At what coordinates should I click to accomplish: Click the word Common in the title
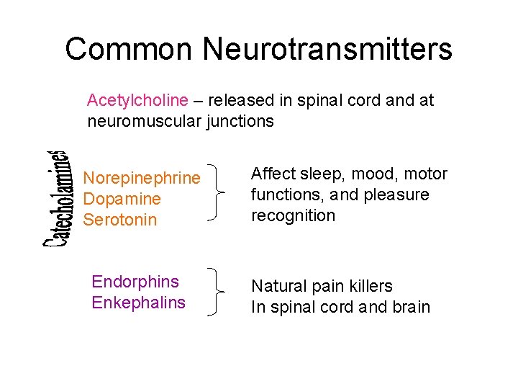pyautogui.click(x=128, y=50)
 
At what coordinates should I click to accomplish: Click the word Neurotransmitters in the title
pyautogui.click(x=327, y=50)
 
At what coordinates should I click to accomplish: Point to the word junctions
pyautogui.click(x=240, y=121)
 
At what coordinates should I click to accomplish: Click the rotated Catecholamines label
pyautogui.click(x=55, y=200)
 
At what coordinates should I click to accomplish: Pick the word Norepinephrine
pyautogui.click(x=142, y=178)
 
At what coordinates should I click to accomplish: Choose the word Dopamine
pyautogui.click(x=122, y=199)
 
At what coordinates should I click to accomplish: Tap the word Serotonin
pyautogui.click(x=119, y=220)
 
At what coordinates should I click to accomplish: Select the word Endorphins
pyautogui.click(x=135, y=282)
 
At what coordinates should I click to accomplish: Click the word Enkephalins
pyautogui.click(x=138, y=303)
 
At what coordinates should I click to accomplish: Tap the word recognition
pyautogui.click(x=293, y=216)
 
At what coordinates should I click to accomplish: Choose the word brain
pyautogui.click(x=409, y=308)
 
